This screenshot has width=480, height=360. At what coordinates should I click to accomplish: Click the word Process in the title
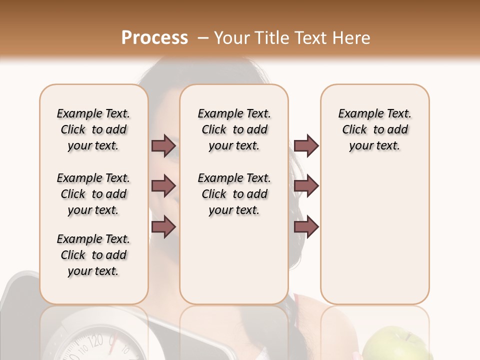154,37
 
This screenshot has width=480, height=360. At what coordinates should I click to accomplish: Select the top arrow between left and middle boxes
163,146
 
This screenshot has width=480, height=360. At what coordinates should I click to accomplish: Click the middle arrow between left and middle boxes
163,186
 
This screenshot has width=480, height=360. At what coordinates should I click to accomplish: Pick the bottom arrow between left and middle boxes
163,227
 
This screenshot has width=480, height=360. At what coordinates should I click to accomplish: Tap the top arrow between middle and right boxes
306,146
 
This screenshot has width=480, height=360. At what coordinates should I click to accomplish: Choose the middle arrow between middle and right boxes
306,186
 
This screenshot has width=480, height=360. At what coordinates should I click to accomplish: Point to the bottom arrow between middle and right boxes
306,227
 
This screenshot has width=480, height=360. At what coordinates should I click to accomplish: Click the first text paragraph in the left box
93,129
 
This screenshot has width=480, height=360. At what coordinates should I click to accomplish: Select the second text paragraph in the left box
93,194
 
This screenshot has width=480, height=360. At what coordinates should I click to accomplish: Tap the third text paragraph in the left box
93,255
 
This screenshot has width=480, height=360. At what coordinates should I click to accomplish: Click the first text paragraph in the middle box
234,129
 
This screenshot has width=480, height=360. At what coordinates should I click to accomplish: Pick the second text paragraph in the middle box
234,194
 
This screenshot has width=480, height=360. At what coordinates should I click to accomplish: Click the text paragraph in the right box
374,129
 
